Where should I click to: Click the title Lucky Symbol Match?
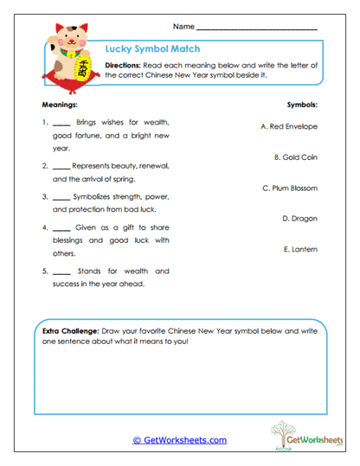[x=142, y=49]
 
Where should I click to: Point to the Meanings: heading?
[x=59, y=104]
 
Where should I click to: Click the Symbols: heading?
[x=302, y=104]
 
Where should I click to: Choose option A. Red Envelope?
[x=288, y=126]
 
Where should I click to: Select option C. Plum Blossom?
[x=289, y=188]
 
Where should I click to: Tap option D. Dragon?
[x=299, y=219]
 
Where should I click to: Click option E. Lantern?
[x=299, y=249]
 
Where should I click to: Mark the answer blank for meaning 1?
[x=61, y=124]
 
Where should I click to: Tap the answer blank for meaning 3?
[x=61, y=198]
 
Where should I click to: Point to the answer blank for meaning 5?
[x=61, y=272]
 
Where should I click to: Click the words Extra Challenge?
[x=70, y=331]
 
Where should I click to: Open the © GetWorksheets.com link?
[x=179, y=440]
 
